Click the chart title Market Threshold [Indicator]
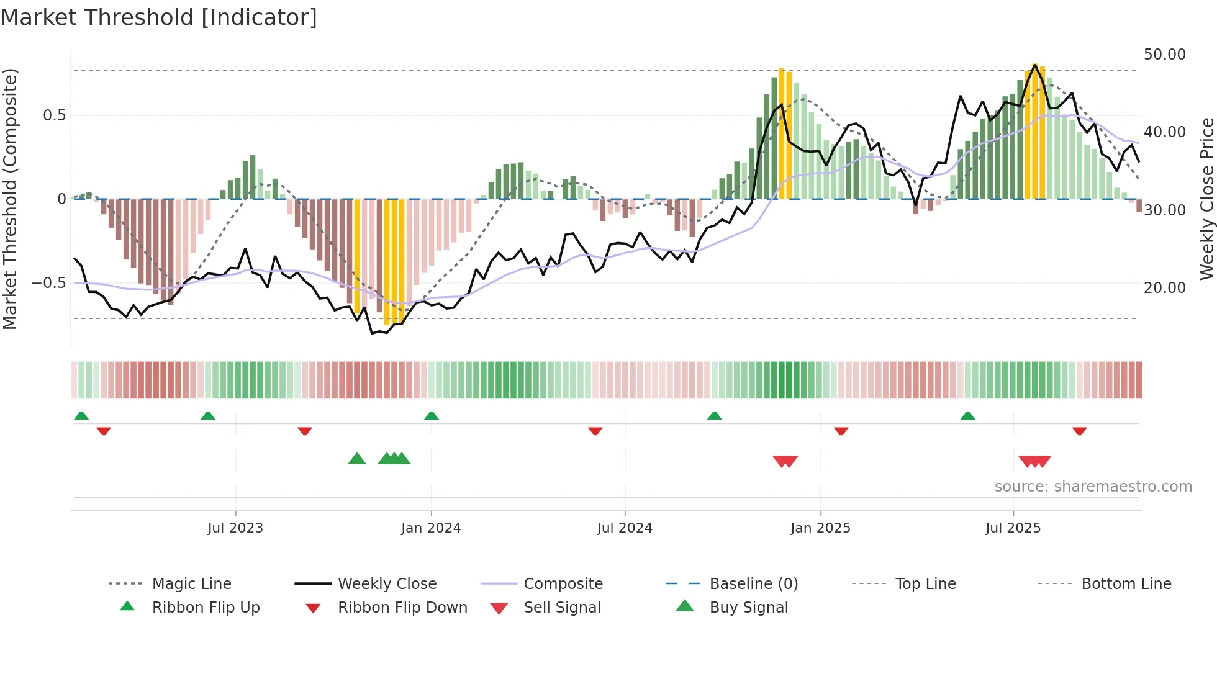pos(159,17)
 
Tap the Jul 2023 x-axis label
pos(235,528)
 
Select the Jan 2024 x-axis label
pos(431,528)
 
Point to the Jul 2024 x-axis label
pos(625,528)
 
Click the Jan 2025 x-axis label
pos(820,528)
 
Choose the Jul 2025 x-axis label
pos(1013,528)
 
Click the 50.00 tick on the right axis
pos(1164,55)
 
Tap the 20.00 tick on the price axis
pos(1164,288)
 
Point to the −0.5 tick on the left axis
pos(48,283)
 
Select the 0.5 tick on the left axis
pos(54,115)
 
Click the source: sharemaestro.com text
pos(1093,487)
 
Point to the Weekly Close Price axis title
pos(1206,199)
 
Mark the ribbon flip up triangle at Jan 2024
pos(432,416)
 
